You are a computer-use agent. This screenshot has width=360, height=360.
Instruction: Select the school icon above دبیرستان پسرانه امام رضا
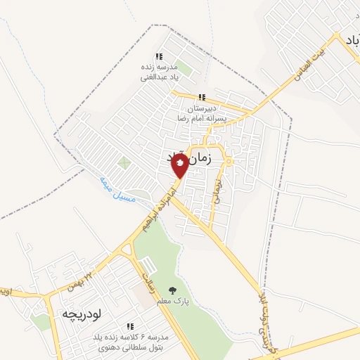click(x=202, y=98)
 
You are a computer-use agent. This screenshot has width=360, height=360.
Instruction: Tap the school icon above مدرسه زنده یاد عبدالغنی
click(x=160, y=57)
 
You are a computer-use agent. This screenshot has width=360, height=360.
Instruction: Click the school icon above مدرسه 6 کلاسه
click(x=131, y=326)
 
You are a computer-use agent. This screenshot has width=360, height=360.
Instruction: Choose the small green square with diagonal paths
click(x=124, y=163)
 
